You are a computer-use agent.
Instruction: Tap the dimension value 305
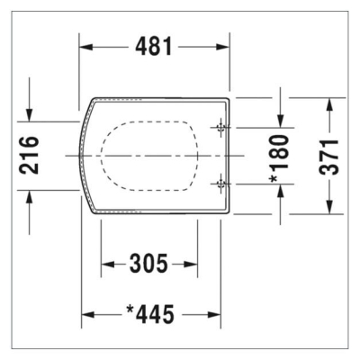(x=148, y=264)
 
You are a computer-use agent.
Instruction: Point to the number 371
(x=330, y=156)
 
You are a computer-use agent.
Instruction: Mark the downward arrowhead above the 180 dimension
(x=282, y=121)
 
